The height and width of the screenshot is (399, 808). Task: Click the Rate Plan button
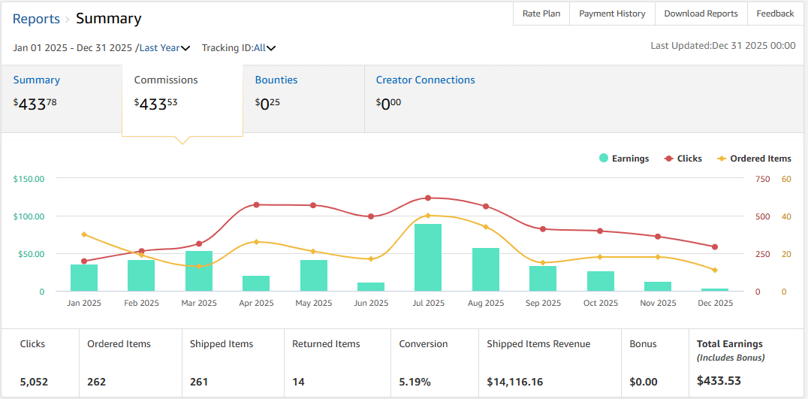[541, 14]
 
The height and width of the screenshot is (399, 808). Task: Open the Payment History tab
[612, 14]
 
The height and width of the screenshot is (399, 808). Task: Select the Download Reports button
[701, 14]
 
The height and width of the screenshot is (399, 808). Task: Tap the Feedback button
[775, 14]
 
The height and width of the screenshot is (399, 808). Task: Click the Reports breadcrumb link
[36, 19]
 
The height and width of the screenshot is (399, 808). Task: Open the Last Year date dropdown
[164, 48]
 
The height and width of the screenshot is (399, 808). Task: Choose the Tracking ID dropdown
[239, 48]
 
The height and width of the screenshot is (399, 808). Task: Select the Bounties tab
[276, 80]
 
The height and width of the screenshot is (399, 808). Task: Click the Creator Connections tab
[425, 80]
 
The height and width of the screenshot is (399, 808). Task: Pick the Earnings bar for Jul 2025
[428, 258]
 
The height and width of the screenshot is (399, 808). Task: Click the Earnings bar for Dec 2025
[715, 289]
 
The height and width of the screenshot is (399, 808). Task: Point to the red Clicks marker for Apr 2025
[256, 204]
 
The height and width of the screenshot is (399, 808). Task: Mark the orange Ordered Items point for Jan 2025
[84, 234]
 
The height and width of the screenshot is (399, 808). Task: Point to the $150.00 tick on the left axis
[29, 179]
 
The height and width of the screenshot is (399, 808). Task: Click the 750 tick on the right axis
[762, 179]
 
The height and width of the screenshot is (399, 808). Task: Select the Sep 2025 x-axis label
[543, 304]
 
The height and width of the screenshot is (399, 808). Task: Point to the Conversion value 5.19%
[415, 382]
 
